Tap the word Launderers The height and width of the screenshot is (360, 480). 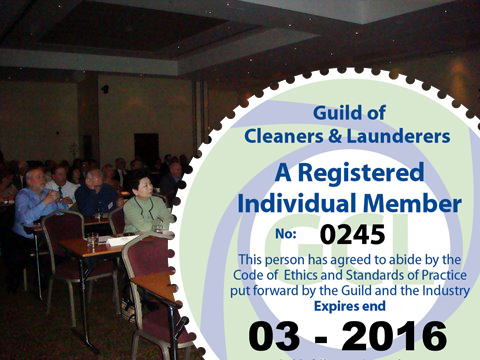click(x=399, y=136)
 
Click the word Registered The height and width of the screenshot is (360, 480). click(x=361, y=173)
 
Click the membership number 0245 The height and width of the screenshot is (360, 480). click(x=353, y=234)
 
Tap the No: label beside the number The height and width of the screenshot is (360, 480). click(x=286, y=234)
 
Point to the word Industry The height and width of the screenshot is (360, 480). click(x=446, y=291)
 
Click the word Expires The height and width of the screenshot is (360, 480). click(x=336, y=307)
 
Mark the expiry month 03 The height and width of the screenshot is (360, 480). click(x=274, y=336)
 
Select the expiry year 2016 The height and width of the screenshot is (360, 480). click(x=394, y=336)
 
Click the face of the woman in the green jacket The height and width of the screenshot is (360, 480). click(x=142, y=187)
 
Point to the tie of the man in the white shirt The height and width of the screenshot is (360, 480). click(x=60, y=193)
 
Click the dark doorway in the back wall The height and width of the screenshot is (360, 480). click(x=146, y=147)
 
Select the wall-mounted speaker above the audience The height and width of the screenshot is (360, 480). click(x=105, y=89)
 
